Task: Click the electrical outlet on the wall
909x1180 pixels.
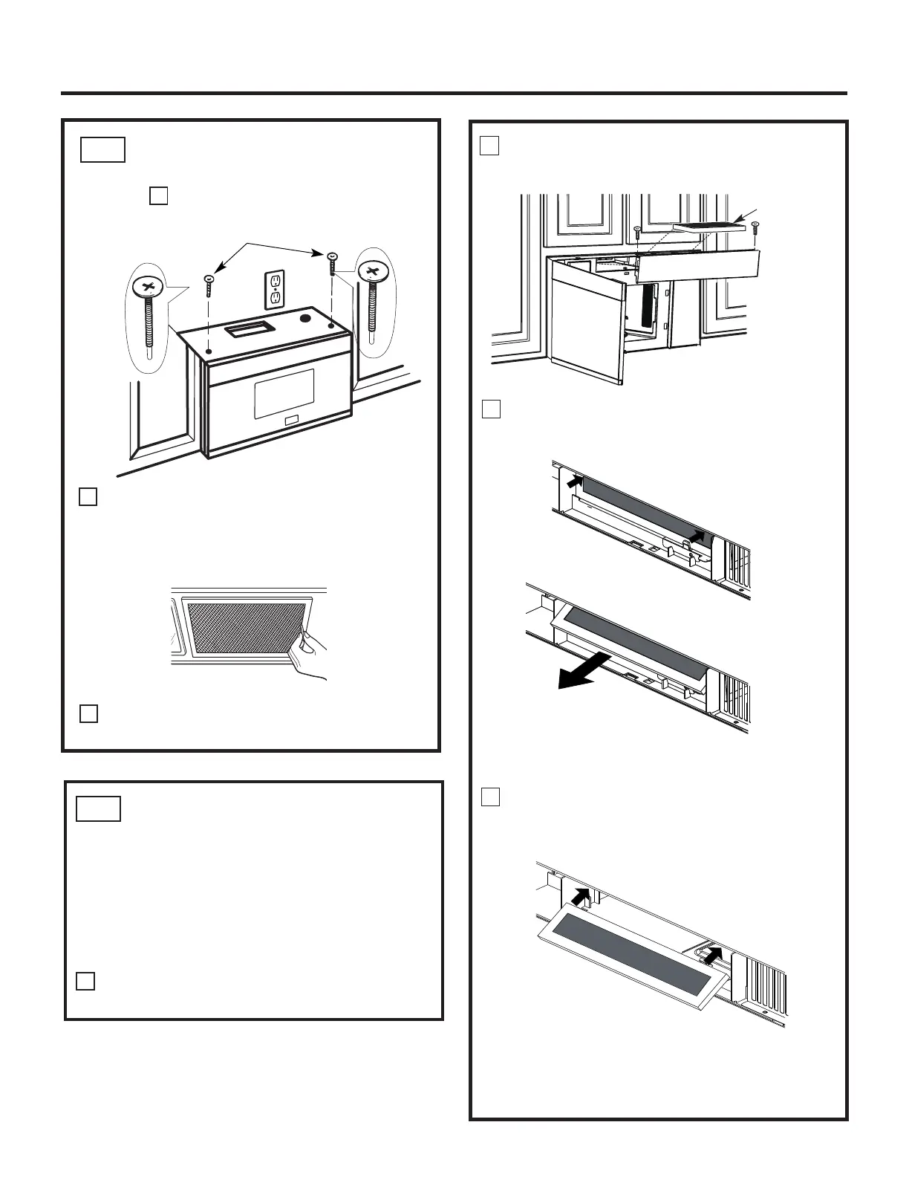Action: click(276, 290)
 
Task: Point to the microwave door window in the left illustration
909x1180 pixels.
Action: click(284, 390)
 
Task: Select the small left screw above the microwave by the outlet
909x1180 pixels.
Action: click(209, 284)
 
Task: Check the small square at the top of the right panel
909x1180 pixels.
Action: click(489, 146)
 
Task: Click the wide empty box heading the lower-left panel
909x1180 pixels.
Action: click(99, 808)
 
